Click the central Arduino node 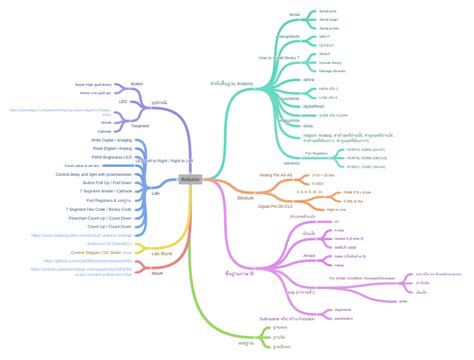click(x=190, y=152)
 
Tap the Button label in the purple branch click(x=137, y=84)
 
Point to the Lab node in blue click(x=155, y=187)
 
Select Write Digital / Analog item click(x=108, y=140)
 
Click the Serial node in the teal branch click(x=294, y=15)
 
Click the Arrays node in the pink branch click(x=309, y=256)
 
